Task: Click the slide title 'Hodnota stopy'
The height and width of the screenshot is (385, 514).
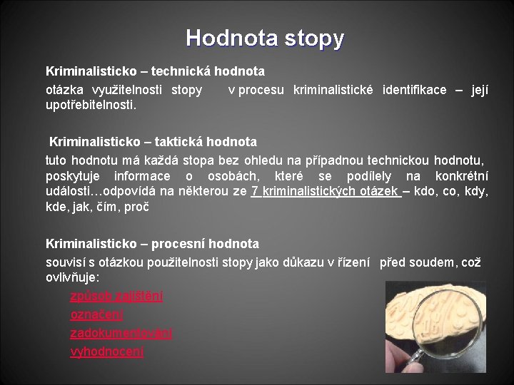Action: click(x=265, y=37)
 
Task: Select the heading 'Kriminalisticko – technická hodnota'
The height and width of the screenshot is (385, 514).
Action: click(x=155, y=71)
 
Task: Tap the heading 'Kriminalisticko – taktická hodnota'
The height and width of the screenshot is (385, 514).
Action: click(x=153, y=142)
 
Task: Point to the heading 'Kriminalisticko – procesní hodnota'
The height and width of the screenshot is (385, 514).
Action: click(x=152, y=245)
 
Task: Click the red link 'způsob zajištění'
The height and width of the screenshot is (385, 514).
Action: click(x=116, y=296)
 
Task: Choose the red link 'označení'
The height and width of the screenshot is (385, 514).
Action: click(x=96, y=314)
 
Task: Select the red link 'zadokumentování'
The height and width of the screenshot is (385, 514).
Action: click(x=121, y=333)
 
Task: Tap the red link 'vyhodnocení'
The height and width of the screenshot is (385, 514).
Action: click(x=106, y=351)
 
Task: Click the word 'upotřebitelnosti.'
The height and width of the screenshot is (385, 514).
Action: click(x=91, y=106)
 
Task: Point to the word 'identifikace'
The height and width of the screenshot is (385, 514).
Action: click(x=414, y=90)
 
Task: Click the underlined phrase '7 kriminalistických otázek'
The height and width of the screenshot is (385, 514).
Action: click(x=326, y=192)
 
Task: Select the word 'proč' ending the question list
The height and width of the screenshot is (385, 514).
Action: click(x=136, y=207)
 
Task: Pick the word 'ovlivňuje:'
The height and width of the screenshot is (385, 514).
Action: click(x=73, y=276)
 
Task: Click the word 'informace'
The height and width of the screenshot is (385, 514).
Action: click(x=142, y=176)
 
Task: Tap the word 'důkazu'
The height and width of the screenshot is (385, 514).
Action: click(x=304, y=262)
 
